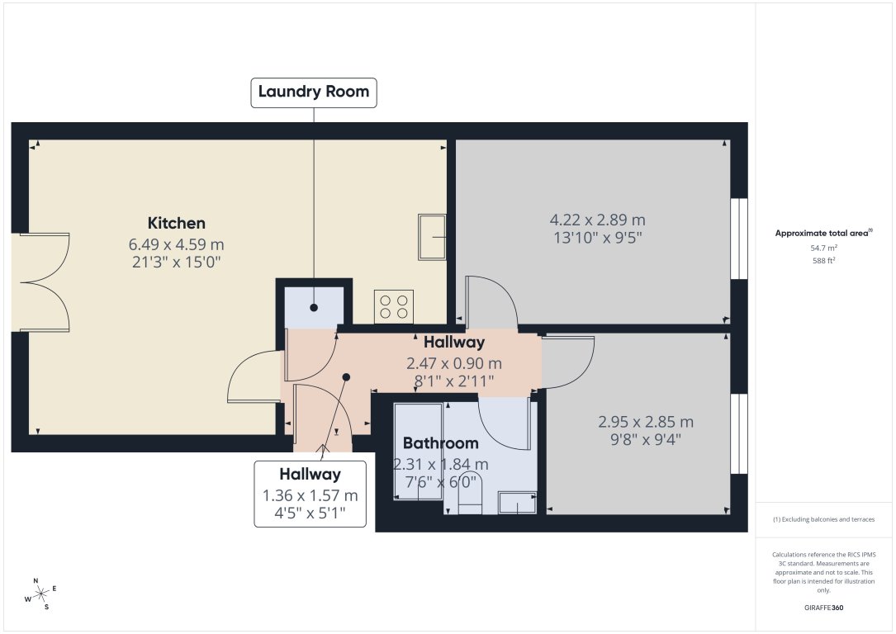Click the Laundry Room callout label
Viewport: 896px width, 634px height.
coord(314,92)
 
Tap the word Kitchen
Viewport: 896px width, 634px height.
coord(177,223)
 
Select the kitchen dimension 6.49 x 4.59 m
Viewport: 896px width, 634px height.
coord(177,244)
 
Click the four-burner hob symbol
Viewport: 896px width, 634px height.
coord(394,306)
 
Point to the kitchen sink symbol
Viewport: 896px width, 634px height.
coord(432,237)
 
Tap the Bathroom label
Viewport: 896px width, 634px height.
coord(441,443)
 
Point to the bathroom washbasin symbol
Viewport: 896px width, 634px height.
coord(517,502)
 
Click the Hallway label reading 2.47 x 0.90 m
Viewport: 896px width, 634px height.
coord(454,362)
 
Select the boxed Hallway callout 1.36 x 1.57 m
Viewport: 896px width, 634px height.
coord(310,494)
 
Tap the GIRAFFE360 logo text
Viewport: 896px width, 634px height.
coord(824,608)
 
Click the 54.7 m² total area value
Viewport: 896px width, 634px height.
coord(824,248)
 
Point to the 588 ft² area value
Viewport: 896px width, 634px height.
coord(824,260)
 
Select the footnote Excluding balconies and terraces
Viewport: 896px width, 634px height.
coord(823,519)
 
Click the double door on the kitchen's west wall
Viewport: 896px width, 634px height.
coord(41,283)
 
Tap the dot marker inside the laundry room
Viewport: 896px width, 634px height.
coord(314,308)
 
